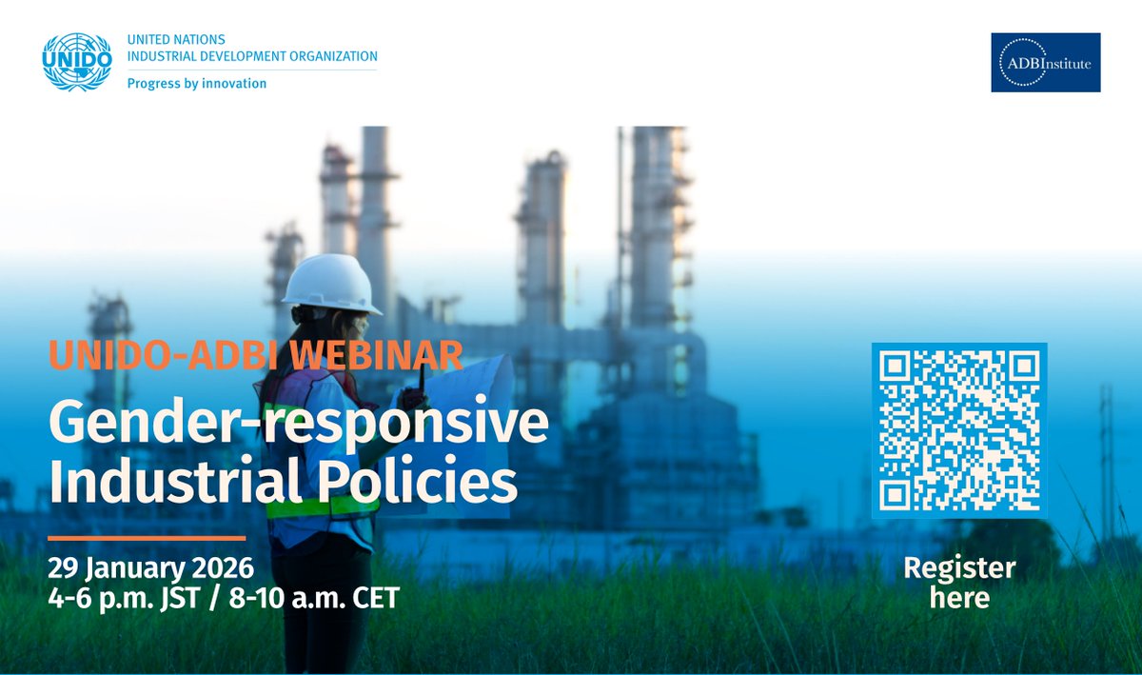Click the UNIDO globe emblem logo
click(x=77, y=62)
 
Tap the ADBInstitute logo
click(x=1045, y=63)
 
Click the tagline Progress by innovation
click(x=197, y=83)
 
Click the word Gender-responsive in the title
click(x=299, y=424)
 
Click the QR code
click(x=958, y=430)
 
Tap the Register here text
click(x=959, y=583)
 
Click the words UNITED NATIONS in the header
click(x=176, y=40)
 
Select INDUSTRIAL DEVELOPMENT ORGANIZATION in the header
click(x=252, y=57)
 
